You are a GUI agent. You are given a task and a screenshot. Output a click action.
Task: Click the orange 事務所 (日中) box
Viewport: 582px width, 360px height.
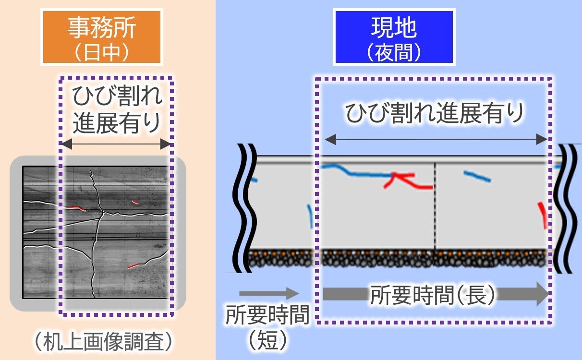101,36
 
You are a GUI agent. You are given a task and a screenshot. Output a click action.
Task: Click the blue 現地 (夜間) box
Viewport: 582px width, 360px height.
393,36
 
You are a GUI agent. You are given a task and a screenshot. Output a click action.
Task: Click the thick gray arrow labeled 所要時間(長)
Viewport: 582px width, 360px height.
435,294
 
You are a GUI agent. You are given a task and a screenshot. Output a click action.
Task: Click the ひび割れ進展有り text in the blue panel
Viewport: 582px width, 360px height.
434,114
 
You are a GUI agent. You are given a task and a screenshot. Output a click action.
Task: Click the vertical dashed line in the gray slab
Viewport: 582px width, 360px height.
435,206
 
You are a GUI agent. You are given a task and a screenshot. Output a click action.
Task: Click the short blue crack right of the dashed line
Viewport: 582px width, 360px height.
477,176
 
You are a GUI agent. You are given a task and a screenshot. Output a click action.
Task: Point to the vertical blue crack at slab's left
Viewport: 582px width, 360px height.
311,216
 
